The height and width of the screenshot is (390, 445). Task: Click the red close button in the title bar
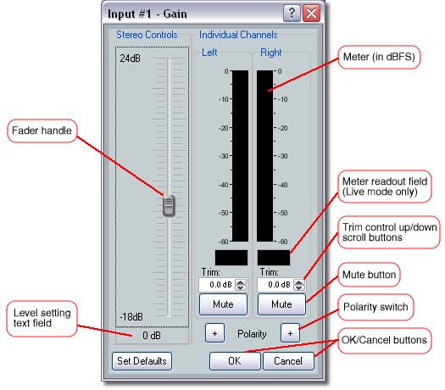(311, 13)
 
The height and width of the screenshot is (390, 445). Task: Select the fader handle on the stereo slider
(169, 205)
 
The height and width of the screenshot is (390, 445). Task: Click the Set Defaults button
(142, 361)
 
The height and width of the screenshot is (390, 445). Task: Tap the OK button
(235, 361)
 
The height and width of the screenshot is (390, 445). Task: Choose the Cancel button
(288, 361)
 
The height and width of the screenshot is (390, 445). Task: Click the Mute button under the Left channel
(223, 304)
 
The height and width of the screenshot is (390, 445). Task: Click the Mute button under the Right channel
(281, 304)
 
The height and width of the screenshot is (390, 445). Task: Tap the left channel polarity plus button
(214, 333)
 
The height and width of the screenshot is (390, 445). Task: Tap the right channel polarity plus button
(290, 333)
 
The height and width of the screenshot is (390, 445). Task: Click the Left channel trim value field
(217, 285)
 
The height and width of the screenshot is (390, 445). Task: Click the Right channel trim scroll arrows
(299, 285)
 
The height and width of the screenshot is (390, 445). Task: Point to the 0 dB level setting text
(152, 336)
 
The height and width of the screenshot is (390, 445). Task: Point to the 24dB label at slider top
(130, 58)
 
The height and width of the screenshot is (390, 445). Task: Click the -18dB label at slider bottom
(131, 317)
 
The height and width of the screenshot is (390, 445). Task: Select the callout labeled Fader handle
(42, 131)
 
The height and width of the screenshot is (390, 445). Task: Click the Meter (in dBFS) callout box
(379, 57)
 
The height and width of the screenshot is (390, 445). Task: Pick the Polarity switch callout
(375, 307)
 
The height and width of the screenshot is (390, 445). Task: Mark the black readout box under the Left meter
(231, 258)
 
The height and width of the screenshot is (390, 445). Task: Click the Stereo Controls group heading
(147, 35)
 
